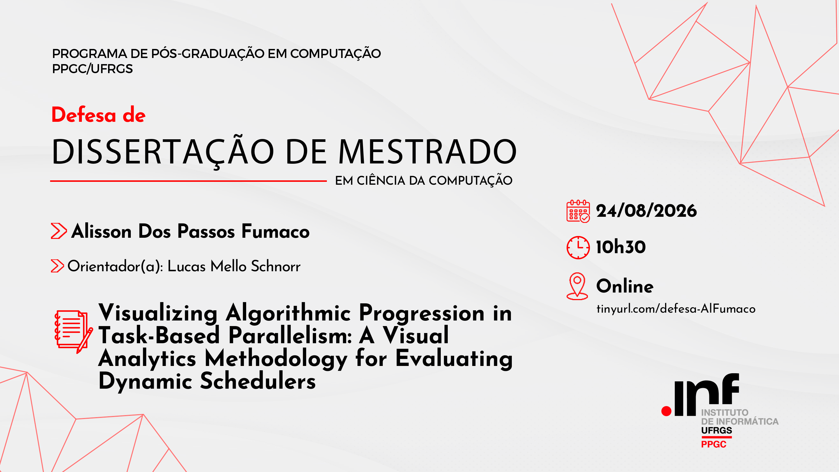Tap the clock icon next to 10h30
pyautogui.click(x=578, y=248)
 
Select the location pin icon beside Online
pyautogui.click(x=577, y=286)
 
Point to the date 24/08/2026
pyautogui.click(x=646, y=211)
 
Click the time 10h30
pyautogui.click(x=621, y=247)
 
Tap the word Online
pyautogui.click(x=625, y=286)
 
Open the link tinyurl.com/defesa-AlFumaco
pyautogui.click(x=676, y=309)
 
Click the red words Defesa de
pyautogui.click(x=98, y=115)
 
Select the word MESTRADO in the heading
pyautogui.click(x=427, y=152)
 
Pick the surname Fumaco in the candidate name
pyautogui.click(x=276, y=231)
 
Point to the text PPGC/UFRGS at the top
pyautogui.click(x=93, y=69)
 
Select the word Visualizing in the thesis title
pyautogui.click(x=158, y=313)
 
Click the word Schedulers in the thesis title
pyautogui.click(x=258, y=381)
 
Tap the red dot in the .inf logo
pyautogui.click(x=666, y=411)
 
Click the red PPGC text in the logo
pyautogui.click(x=714, y=444)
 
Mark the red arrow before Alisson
pyautogui.click(x=59, y=231)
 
